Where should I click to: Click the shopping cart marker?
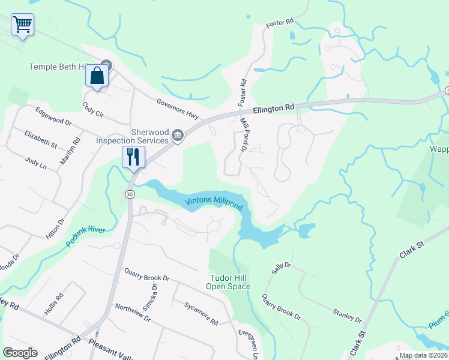[22, 25]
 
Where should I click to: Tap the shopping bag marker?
[97, 76]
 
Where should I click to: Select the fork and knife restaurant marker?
[133, 157]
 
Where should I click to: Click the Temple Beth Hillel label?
[65, 67]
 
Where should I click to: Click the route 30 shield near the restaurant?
[130, 194]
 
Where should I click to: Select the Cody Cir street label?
[94, 106]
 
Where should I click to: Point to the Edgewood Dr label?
[53, 116]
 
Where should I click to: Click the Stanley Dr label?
[347, 315]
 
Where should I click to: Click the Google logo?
[20, 353]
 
